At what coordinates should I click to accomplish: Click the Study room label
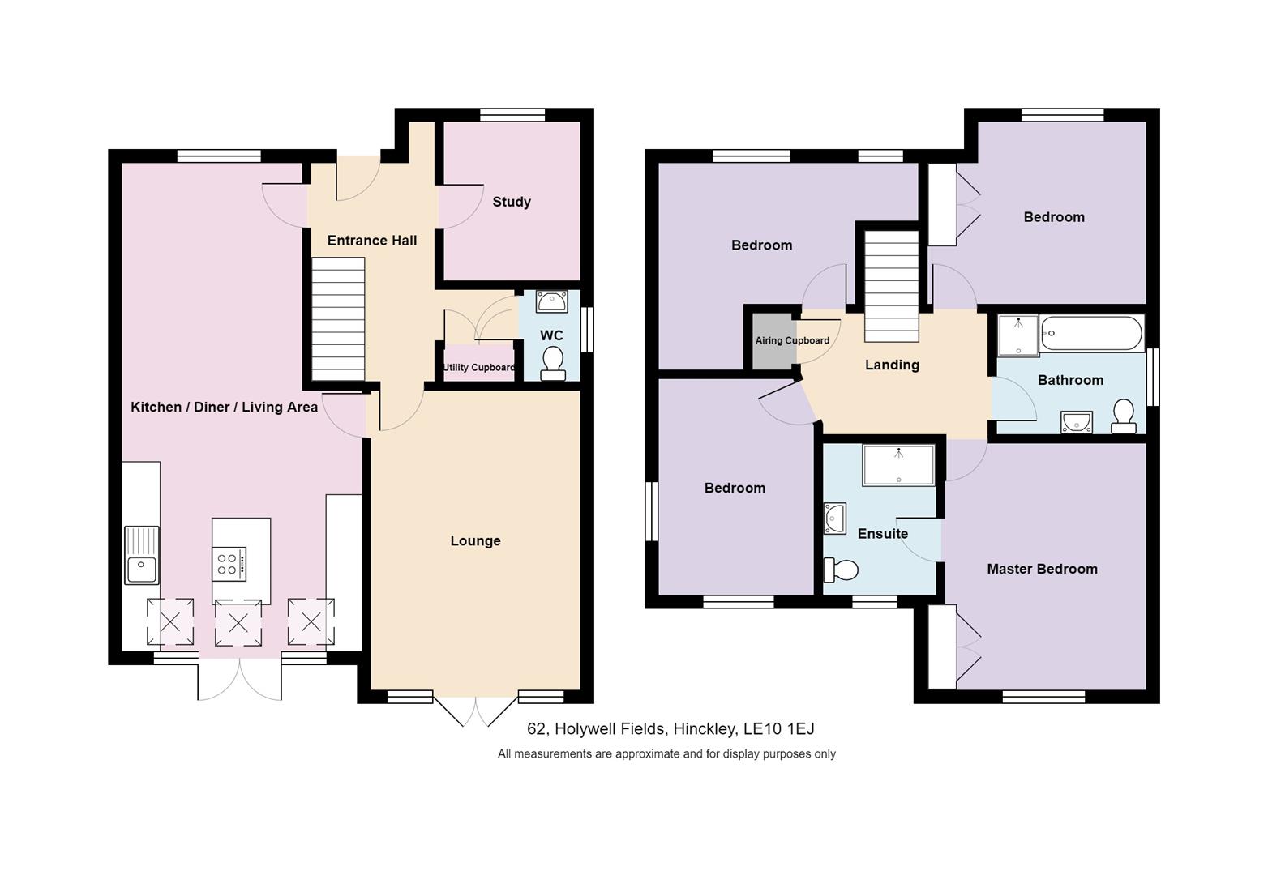[512, 202]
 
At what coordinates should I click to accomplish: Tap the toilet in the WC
[553, 362]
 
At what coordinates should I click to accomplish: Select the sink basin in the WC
[552, 301]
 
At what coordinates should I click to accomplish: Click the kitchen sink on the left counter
[142, 555]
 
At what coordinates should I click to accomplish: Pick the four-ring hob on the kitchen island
[229, 564]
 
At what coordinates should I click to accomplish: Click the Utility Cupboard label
[478, 368]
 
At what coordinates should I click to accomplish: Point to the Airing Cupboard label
[792, 340]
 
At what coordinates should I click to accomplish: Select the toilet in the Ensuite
[841, 570]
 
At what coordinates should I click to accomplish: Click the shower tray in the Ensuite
[898, 465]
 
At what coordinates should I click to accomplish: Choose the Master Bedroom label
[1042, 569]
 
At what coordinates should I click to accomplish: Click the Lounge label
[475, 540]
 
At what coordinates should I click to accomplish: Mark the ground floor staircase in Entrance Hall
[338, 318]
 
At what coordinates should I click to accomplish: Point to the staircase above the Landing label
[891, 286]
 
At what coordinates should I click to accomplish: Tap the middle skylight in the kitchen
[238, 623]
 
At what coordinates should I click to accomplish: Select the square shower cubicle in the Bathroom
[1017, 335]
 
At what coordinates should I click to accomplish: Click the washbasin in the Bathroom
[1076, 422]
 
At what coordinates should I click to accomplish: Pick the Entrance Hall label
[372, 241]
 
